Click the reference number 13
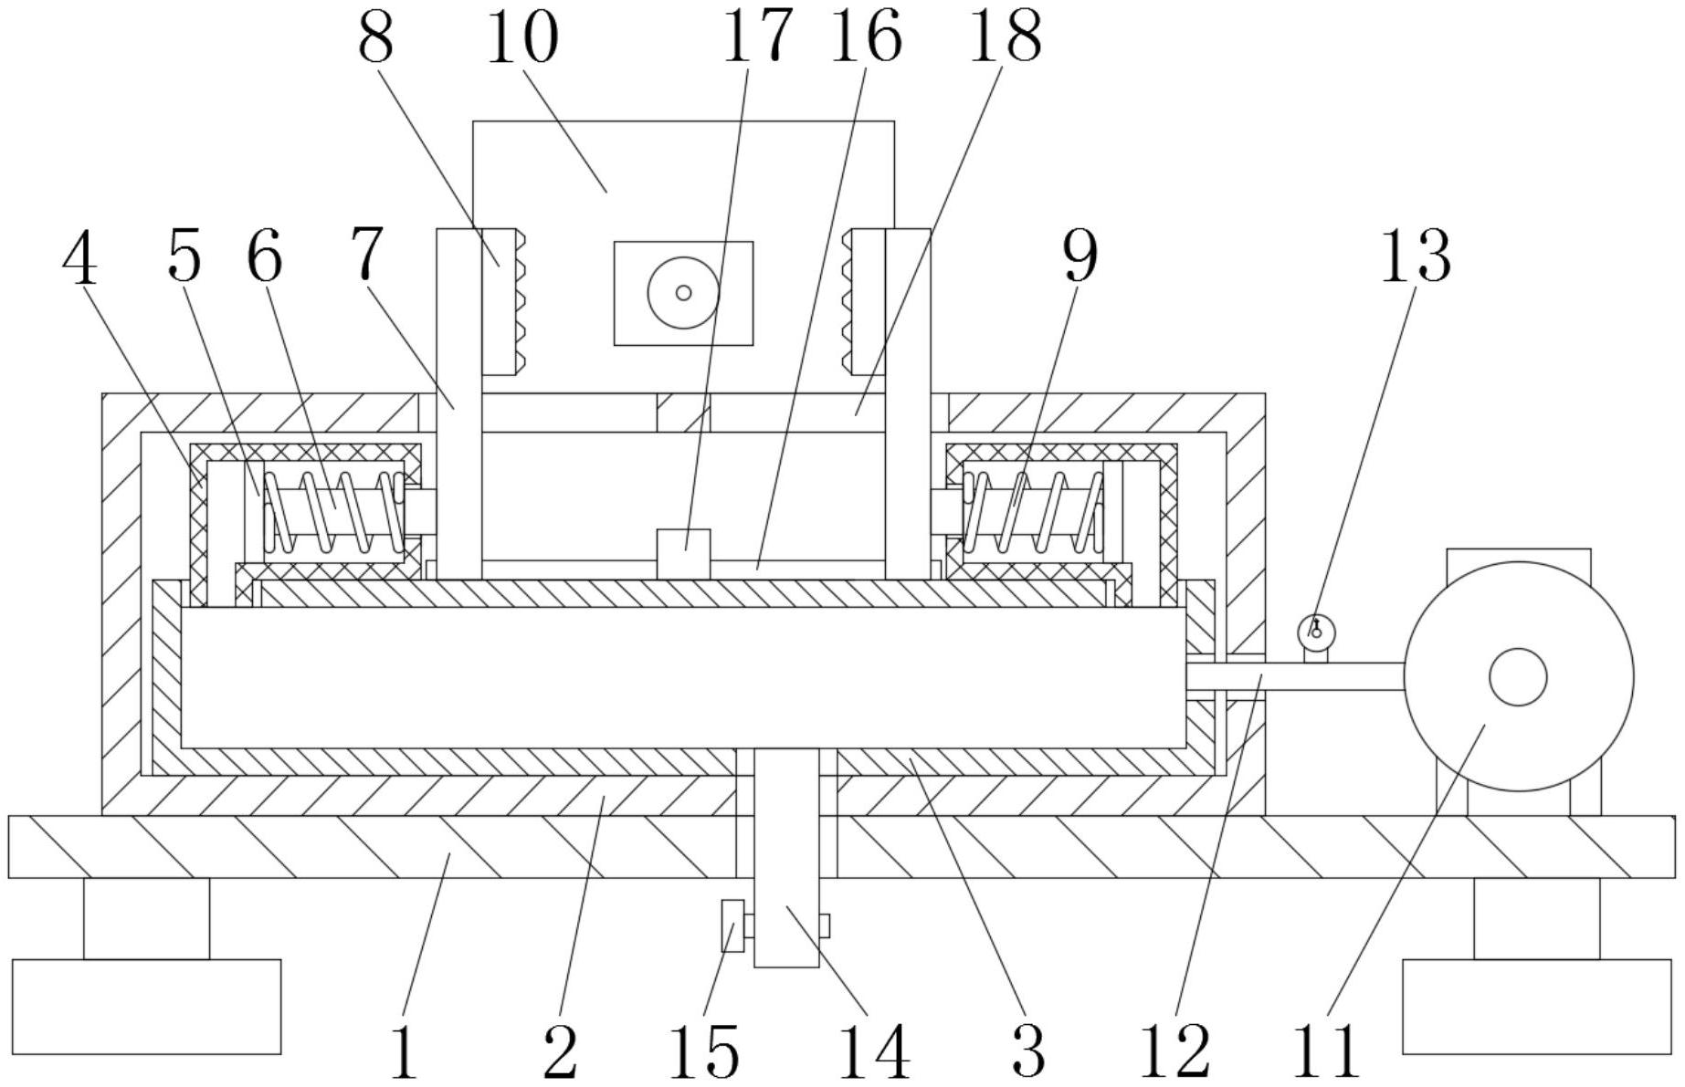1415,257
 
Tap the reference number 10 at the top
521,38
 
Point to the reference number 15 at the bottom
703,1050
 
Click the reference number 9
1079,257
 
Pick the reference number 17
757,37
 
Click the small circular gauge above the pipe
1316,631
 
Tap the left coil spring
333,512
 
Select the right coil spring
1033,512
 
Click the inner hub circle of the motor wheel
1517,677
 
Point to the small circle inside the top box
683,293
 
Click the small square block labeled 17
683,553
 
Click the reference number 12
1174,1050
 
